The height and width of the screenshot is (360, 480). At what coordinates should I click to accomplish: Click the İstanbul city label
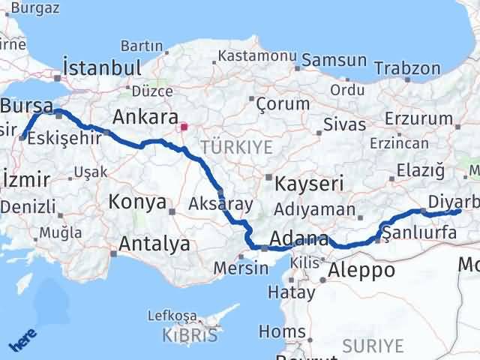pos(103,67)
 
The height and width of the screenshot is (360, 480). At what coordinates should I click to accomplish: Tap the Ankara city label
pos(145,118)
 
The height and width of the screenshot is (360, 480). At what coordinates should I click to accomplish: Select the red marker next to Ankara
pos(184,127)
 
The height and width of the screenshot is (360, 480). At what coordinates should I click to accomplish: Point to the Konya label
pos(137,201)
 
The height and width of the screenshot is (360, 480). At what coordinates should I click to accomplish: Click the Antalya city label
pos(155,244)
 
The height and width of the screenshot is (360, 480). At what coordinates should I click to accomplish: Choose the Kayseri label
pos(308,184)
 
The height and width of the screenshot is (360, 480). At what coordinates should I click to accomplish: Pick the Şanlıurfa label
pos(419,233)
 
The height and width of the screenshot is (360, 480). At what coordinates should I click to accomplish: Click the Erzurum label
pos(418,118)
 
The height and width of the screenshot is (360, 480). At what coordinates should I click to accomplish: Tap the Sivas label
pos(345,124)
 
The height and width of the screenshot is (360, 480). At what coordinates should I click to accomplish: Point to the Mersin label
pos(241,268)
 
